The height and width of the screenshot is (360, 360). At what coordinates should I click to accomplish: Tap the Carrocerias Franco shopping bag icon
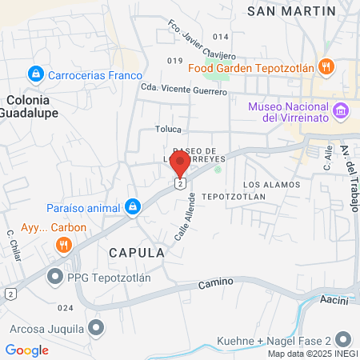[x=34, y=74]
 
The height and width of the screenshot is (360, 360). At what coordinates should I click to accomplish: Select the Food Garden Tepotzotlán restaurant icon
[x=326, y=66]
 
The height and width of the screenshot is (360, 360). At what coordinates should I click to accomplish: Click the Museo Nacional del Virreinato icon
[x=342, y=109]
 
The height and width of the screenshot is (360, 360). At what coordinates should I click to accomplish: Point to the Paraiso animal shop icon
[x=133, y=208]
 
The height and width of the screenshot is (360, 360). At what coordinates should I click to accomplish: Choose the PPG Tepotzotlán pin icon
[x=55, y=278]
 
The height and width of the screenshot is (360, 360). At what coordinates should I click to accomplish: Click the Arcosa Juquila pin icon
[x=97, y=328]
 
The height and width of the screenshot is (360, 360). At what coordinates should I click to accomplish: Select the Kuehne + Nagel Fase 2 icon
[x=344, y=338]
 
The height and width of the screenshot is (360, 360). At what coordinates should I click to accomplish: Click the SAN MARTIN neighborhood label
[x=291, y=10]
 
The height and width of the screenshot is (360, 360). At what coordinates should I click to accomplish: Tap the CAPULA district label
[x=137, y=252]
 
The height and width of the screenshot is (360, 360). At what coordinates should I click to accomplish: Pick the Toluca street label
[x=169, y=129]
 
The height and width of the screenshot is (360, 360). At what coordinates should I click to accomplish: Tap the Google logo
[x=26, y=350]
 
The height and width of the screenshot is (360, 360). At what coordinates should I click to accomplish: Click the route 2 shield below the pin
[x=182, y=184]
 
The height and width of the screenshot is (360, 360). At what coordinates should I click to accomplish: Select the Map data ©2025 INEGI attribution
[x=311, y=354]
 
